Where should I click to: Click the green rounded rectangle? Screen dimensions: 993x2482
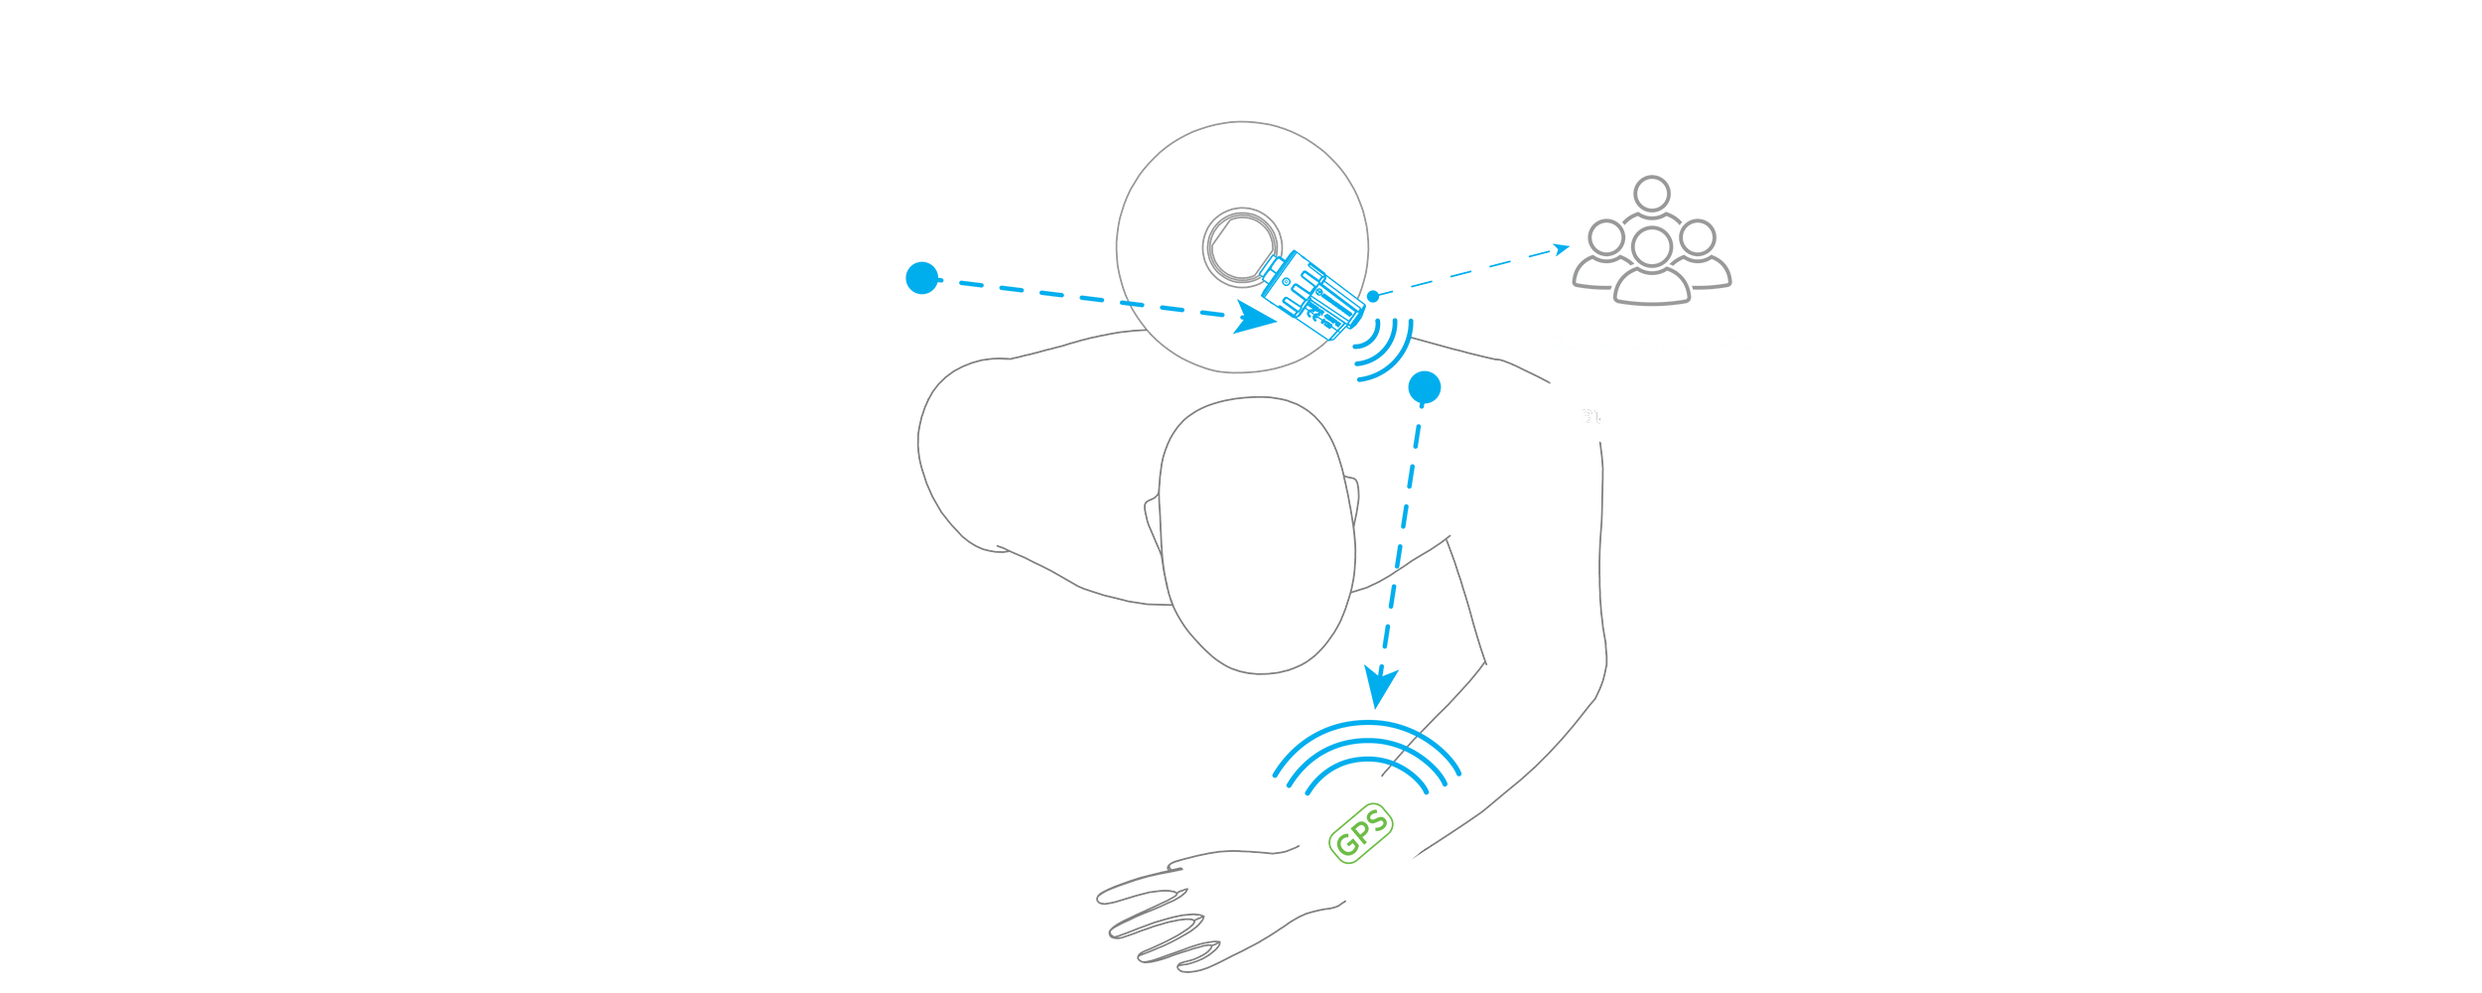[x=1361, y=835]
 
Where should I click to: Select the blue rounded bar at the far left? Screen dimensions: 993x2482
[x=1003, y=278]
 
